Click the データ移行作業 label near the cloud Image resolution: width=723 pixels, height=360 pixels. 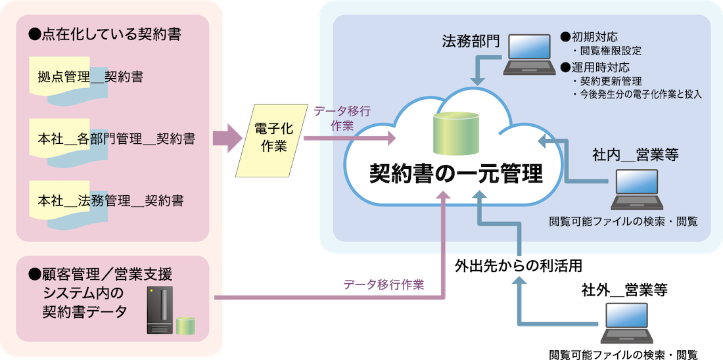[x=342, y=118]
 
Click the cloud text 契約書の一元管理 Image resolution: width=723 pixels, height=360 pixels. [x=455, y=173]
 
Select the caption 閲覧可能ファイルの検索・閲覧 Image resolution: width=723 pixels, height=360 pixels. [x=623, y=221]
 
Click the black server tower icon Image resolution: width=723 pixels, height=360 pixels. [x=160, y=311]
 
